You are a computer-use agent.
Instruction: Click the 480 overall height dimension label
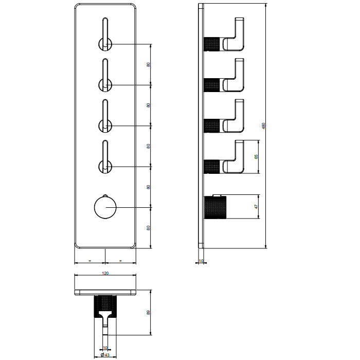coord(263,125)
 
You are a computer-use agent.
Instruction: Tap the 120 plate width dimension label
coord(105,273)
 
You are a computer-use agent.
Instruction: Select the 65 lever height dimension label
coord(256,156)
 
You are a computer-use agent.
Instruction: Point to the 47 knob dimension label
coord(256,207)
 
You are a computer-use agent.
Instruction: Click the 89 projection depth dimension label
coord(148,313)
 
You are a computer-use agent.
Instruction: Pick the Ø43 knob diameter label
coord(105,355)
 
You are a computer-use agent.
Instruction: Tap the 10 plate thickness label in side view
coord(201,261)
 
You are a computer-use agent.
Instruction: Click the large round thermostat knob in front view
coord(105,207)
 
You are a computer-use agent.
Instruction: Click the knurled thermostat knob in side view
coord(215,207)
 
